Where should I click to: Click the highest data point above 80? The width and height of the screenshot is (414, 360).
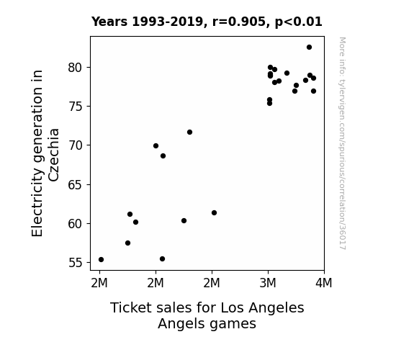pyautogui.click(x=309, y=48)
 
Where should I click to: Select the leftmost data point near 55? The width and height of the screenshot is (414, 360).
pyautogui.click(x=101, y=260)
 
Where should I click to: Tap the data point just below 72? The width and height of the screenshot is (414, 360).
pyautogui.click(x=189, y=132)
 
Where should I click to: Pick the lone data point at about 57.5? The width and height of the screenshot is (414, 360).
pyautogui.click(x=127, y=243)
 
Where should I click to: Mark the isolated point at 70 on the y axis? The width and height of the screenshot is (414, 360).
pyautogui.click(x=156, y=145)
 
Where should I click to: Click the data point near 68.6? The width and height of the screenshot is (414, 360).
pyautogui.click(x=163, y=156)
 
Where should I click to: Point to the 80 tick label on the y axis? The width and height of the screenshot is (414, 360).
pyautogui.click(x=76, y=68)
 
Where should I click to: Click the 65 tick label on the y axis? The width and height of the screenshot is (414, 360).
pyautogui.click(x=76, y=184)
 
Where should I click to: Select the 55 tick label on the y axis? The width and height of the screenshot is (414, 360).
pyautogui.click(x=76, y=263)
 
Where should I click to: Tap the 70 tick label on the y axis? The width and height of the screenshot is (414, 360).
pyautogui.click(x=76, y=145)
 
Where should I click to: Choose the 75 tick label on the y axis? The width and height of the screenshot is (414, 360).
pyautogui.click(x=76, y=107)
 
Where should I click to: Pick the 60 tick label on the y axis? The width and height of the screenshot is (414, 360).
pyautogui.click(x=76, y=224)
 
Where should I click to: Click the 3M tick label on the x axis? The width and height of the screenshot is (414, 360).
pyautogui.click(x=268, y=283)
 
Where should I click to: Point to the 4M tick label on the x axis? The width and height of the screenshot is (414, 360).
pyautogui.click(x=324, y=283)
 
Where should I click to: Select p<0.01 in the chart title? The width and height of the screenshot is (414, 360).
pyautogui.click(x=298, y=22)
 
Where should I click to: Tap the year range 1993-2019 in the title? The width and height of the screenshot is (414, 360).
pyautogui.click(x=169, y=22)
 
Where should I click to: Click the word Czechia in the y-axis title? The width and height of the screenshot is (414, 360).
pyautogui.click(x=53, y=155)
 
